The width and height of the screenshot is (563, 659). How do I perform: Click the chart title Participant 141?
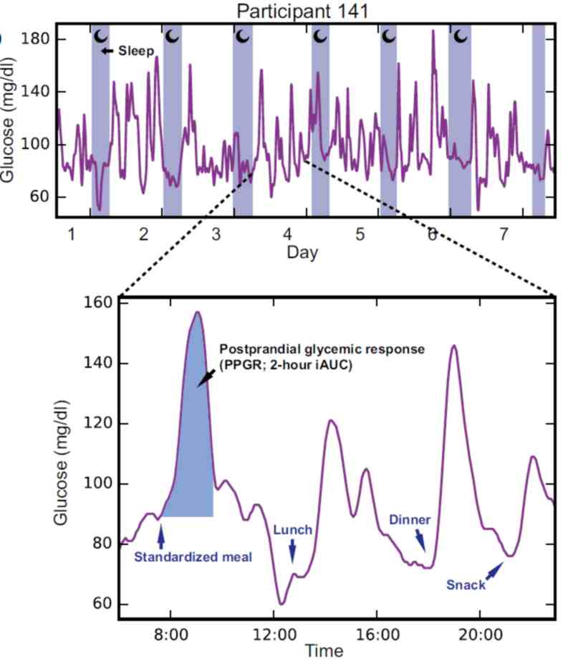click(302, 11)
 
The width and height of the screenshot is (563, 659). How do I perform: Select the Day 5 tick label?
click(360, 234)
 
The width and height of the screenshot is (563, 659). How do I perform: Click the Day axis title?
click(302, 252)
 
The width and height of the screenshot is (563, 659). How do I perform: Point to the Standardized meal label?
click(193, 556)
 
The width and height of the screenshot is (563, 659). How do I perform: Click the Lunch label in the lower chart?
click(293, 530)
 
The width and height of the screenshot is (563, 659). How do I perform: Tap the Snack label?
click(466, 584)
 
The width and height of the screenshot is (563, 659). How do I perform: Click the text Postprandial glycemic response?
click(322, 349)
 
